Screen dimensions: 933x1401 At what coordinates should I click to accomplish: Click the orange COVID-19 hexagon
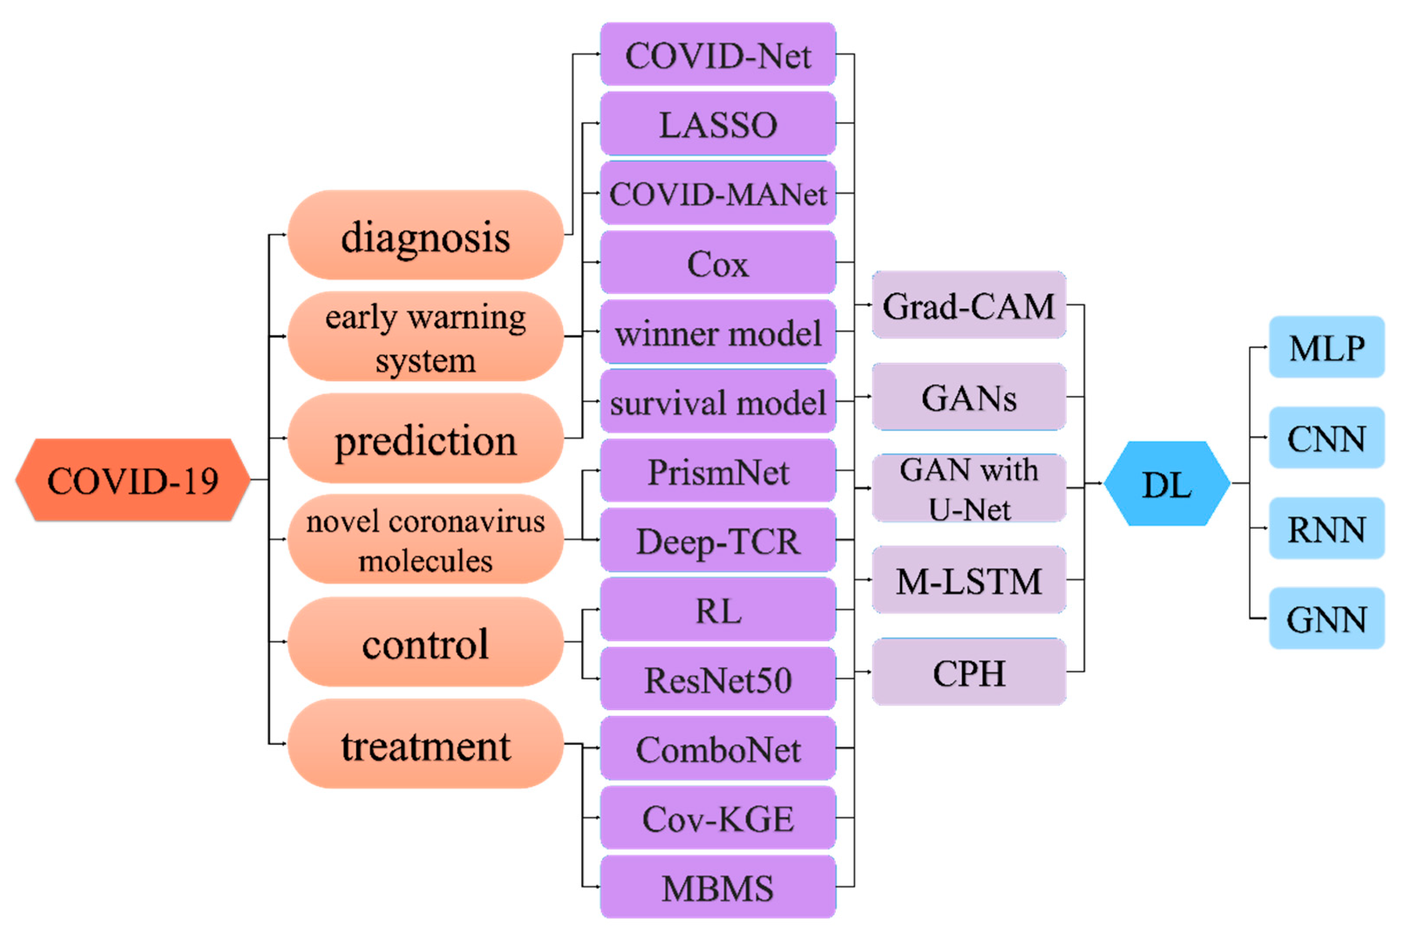pyautogui.click(x=132, y=480)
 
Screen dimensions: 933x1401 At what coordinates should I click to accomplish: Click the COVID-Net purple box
pyautogui.click(x=717, y=55)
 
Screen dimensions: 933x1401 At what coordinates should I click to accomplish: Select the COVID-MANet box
pyautogui.click(x=717, y=193)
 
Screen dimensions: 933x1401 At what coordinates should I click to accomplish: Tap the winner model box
pyautogui.click(x=717, y=332)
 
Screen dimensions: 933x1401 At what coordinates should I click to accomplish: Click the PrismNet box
pyautogui.click(x=717, y=471)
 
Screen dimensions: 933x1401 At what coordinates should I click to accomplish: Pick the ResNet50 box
pyautogui.click(x=717, y=679)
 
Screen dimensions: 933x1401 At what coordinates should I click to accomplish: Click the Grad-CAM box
pyautogui.click(x=968, y=305)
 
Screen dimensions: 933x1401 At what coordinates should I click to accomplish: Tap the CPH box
pyautogui.click(x=968, y=673)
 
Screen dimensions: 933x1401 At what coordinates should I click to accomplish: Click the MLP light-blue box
pyautogui.click(x=1326, y=348)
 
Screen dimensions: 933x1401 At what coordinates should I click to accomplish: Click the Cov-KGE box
pyautogui.click(x=717, y=818)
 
